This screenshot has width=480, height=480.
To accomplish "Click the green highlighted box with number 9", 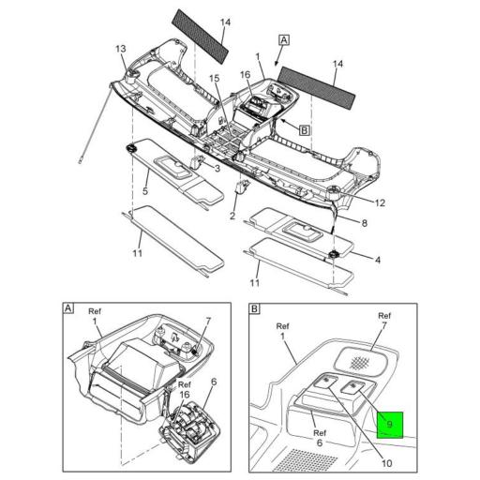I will click(387, 425).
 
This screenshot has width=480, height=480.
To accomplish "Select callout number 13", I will click(120, 49).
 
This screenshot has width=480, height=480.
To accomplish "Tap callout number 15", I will click(214, 79).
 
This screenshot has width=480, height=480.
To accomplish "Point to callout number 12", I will click(381, 202).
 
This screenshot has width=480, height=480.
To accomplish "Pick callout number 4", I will click(377, 259).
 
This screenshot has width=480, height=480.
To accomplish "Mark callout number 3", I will click(217, 169).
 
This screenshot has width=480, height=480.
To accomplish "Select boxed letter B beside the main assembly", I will click(305, 130).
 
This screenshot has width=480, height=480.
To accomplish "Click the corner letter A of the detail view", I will click(67, 307).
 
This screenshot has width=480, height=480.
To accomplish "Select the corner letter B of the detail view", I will click(256, 307).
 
